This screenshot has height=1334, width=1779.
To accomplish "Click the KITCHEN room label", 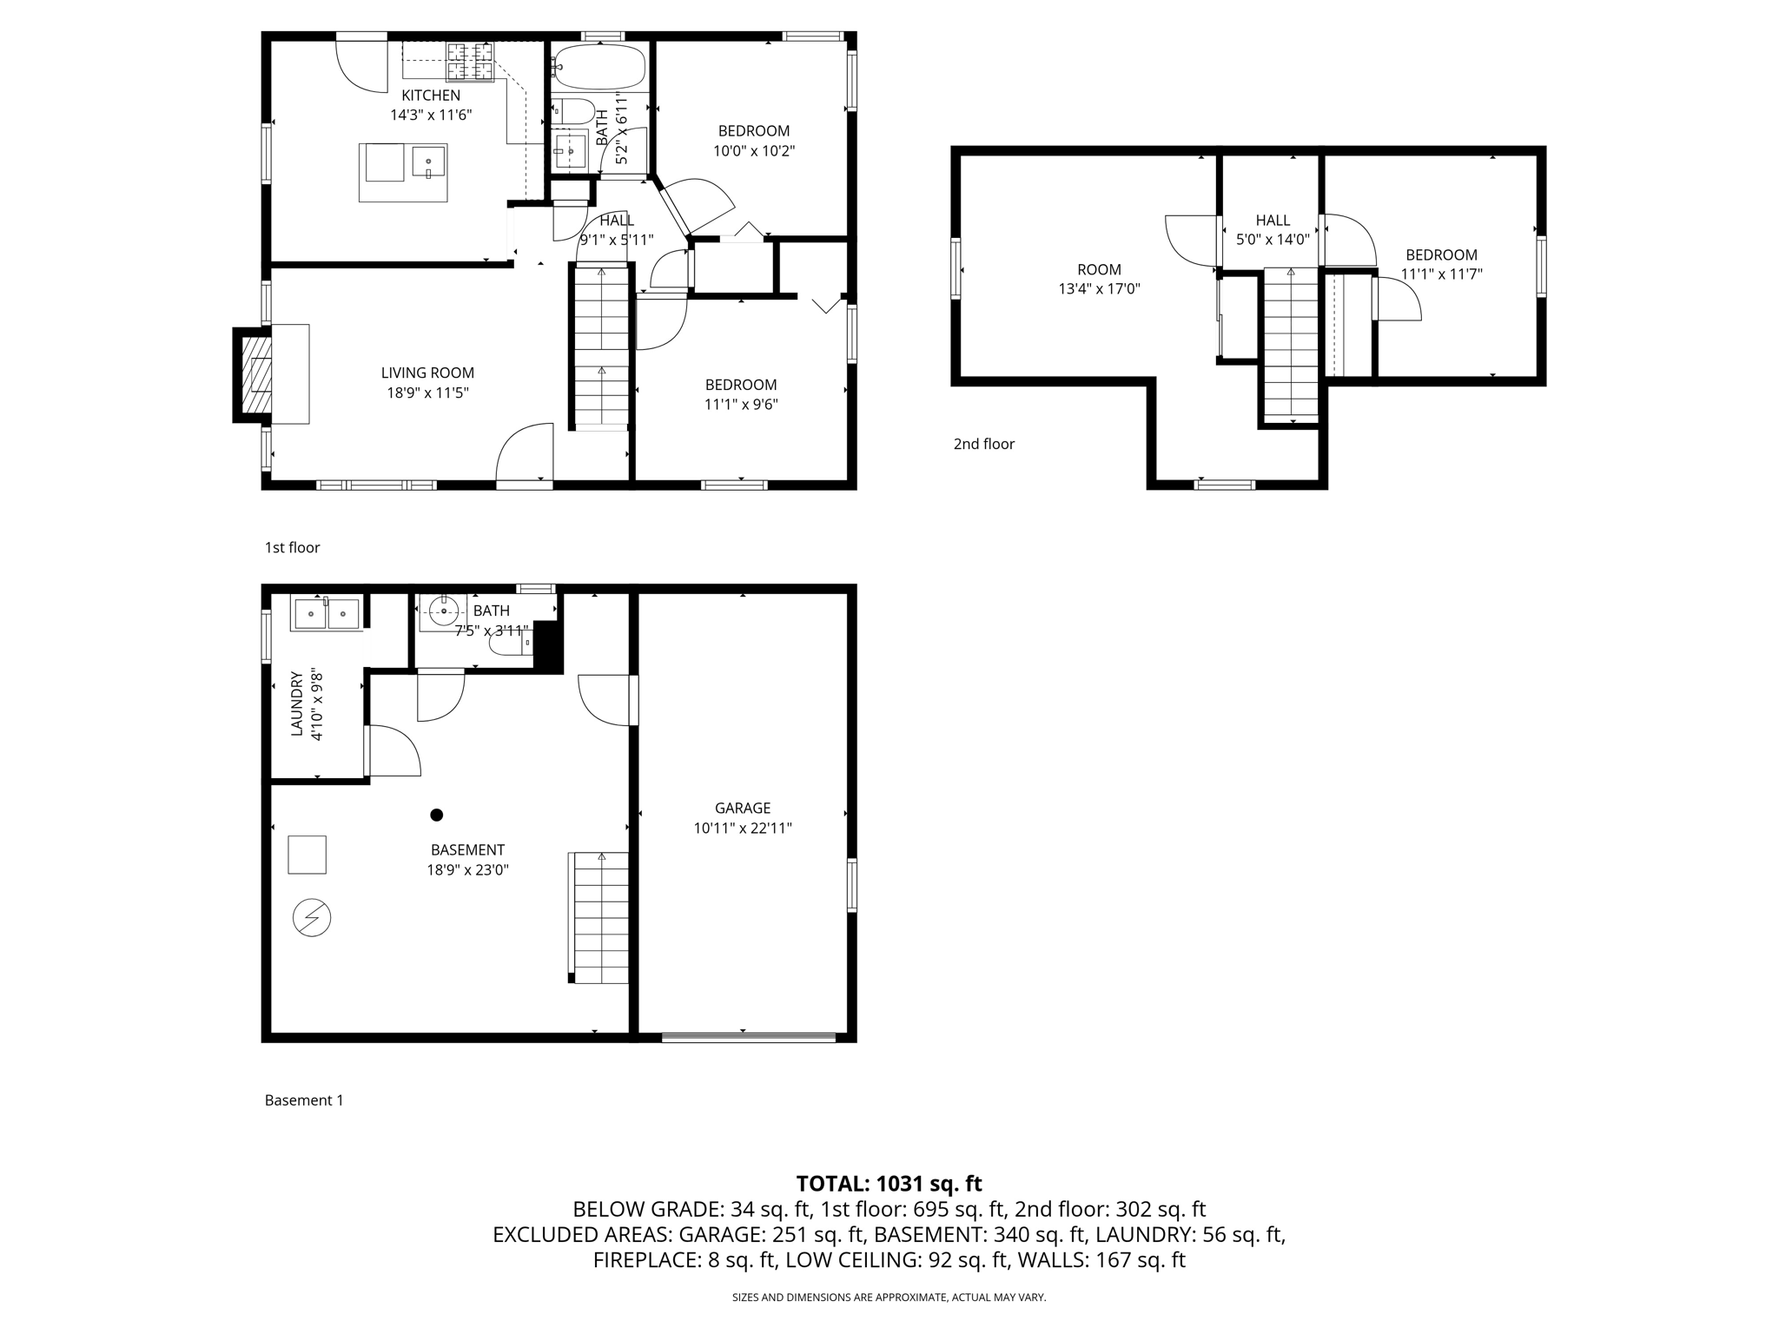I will tap(430, 96).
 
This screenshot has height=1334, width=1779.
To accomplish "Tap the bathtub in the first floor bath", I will tap(599, 66).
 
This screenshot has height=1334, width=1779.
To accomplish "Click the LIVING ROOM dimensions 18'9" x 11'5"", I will tap(427, 393).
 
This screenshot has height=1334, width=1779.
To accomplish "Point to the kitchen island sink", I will tap(428, 162).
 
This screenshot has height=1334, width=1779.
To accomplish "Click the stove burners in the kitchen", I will tap(470, 60).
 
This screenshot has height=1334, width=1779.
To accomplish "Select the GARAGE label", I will tap(743, 809).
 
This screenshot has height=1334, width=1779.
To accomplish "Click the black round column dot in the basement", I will tap(437, 815).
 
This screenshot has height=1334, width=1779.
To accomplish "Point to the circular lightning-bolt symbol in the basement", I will tap(312, 918).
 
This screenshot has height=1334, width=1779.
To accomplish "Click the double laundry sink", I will tap(327, 614).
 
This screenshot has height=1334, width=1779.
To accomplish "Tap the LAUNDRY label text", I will tap(296, 703).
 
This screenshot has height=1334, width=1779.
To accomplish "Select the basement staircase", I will tap(599, 918).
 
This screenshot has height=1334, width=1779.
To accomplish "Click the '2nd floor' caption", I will tap(983, 445).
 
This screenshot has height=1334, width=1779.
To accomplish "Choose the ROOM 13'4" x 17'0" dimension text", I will tap(1099, 289).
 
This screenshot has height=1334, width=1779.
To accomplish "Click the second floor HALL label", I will tap(1273, 221).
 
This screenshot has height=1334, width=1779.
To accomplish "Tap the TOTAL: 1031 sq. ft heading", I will tap(889, 1183).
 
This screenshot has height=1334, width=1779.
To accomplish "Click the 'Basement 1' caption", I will tap(304, 1100).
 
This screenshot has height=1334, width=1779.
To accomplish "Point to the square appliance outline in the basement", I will tap(307, 855).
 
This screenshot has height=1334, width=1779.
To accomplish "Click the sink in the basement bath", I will tap(444, 611).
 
